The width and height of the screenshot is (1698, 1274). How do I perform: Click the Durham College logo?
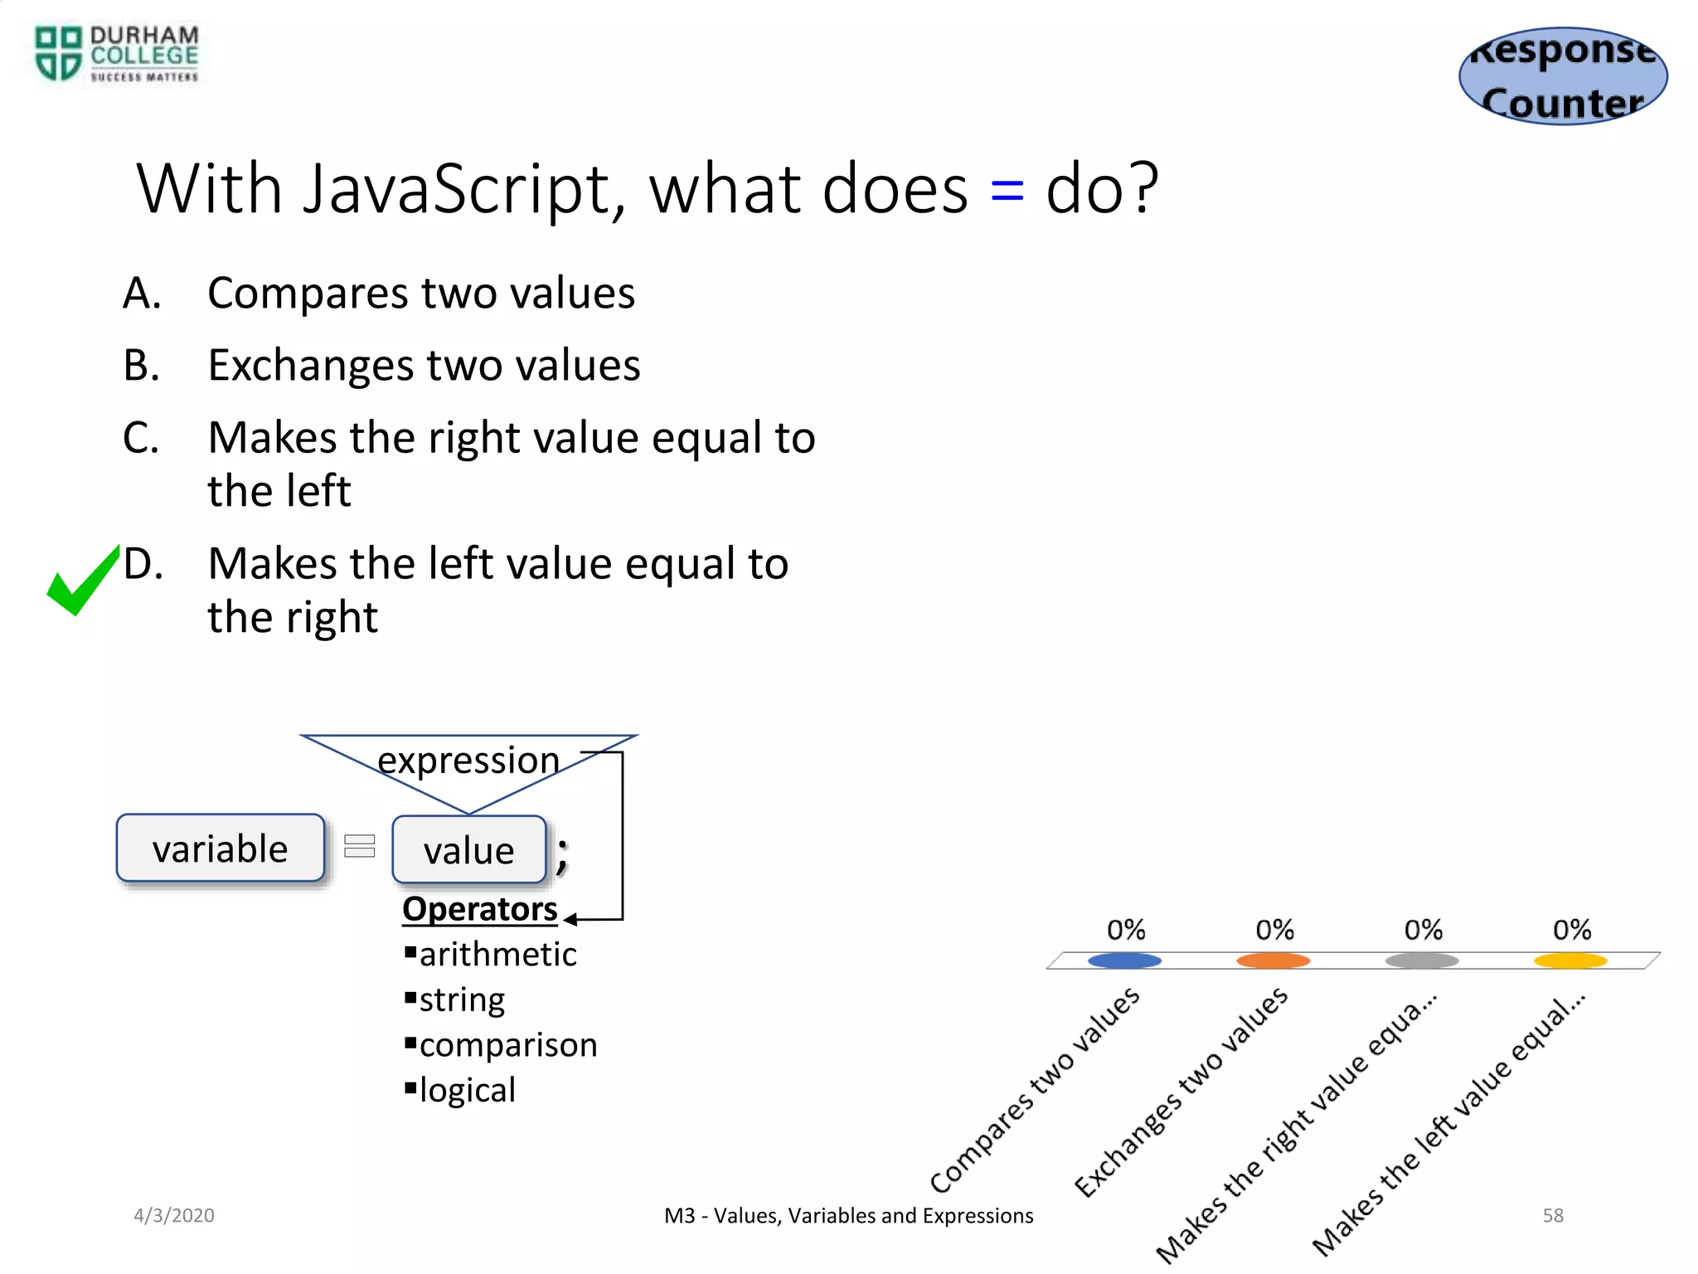click(116, 54)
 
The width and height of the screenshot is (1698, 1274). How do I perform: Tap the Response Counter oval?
click(1563, 76)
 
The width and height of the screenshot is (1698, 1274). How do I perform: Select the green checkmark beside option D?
click(83, 581)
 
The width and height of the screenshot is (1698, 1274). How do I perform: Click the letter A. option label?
click(142, 294)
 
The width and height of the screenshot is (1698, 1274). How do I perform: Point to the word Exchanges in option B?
click(311, 366)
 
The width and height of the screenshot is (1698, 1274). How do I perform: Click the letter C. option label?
click(141, 438)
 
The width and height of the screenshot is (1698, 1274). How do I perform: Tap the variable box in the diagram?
click(221, 849)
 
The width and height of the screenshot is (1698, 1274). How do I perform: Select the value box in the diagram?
click(469, 850)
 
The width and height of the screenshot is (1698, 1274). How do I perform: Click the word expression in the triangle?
click(468, 760)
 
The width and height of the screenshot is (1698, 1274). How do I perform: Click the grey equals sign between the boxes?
click(360, 846)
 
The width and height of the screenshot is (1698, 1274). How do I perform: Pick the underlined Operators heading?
click(479, 909)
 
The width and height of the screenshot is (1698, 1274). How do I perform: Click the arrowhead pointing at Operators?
click(570, 919)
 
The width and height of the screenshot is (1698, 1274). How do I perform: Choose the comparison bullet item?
click(507, 1045)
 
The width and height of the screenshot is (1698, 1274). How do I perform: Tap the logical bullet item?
click(467, 1090)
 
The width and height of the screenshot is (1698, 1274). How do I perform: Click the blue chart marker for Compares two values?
click(1124, 960)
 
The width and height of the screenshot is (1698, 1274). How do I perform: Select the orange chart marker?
click(1273, 960)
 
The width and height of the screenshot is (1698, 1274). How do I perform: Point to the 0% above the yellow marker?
click(1571, 930)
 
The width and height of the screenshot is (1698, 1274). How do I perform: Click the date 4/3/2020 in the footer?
click(174, 1215)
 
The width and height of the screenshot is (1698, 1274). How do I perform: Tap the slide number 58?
click(1552, 1215)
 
